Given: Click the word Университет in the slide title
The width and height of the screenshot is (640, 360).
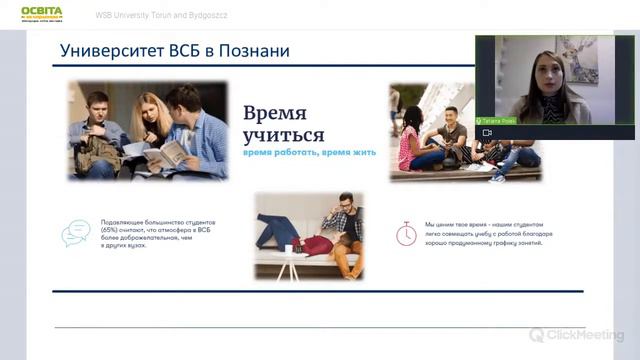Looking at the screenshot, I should [x=107, y=49].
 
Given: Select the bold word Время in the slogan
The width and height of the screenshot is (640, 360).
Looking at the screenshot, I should [x=275, y=112].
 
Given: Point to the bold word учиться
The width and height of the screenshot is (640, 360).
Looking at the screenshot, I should [x=283, y=135].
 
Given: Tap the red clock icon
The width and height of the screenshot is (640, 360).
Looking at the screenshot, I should [x=406, y=233].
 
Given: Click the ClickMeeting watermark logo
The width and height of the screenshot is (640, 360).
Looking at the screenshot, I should [x=576, y=335].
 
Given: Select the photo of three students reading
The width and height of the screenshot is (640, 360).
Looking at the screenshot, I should [x=148, y=130].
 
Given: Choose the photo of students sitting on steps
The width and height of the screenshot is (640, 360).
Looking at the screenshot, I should [x=464, y=133].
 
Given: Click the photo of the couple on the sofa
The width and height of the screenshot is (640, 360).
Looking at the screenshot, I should [x=308, y=235].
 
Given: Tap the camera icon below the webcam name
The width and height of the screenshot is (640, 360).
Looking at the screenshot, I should [x=487, y=132].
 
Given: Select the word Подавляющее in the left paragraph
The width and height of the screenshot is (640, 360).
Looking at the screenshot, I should [x=125, y=222].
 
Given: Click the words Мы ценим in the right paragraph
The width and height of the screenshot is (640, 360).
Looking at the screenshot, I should [x=440, y=224].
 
